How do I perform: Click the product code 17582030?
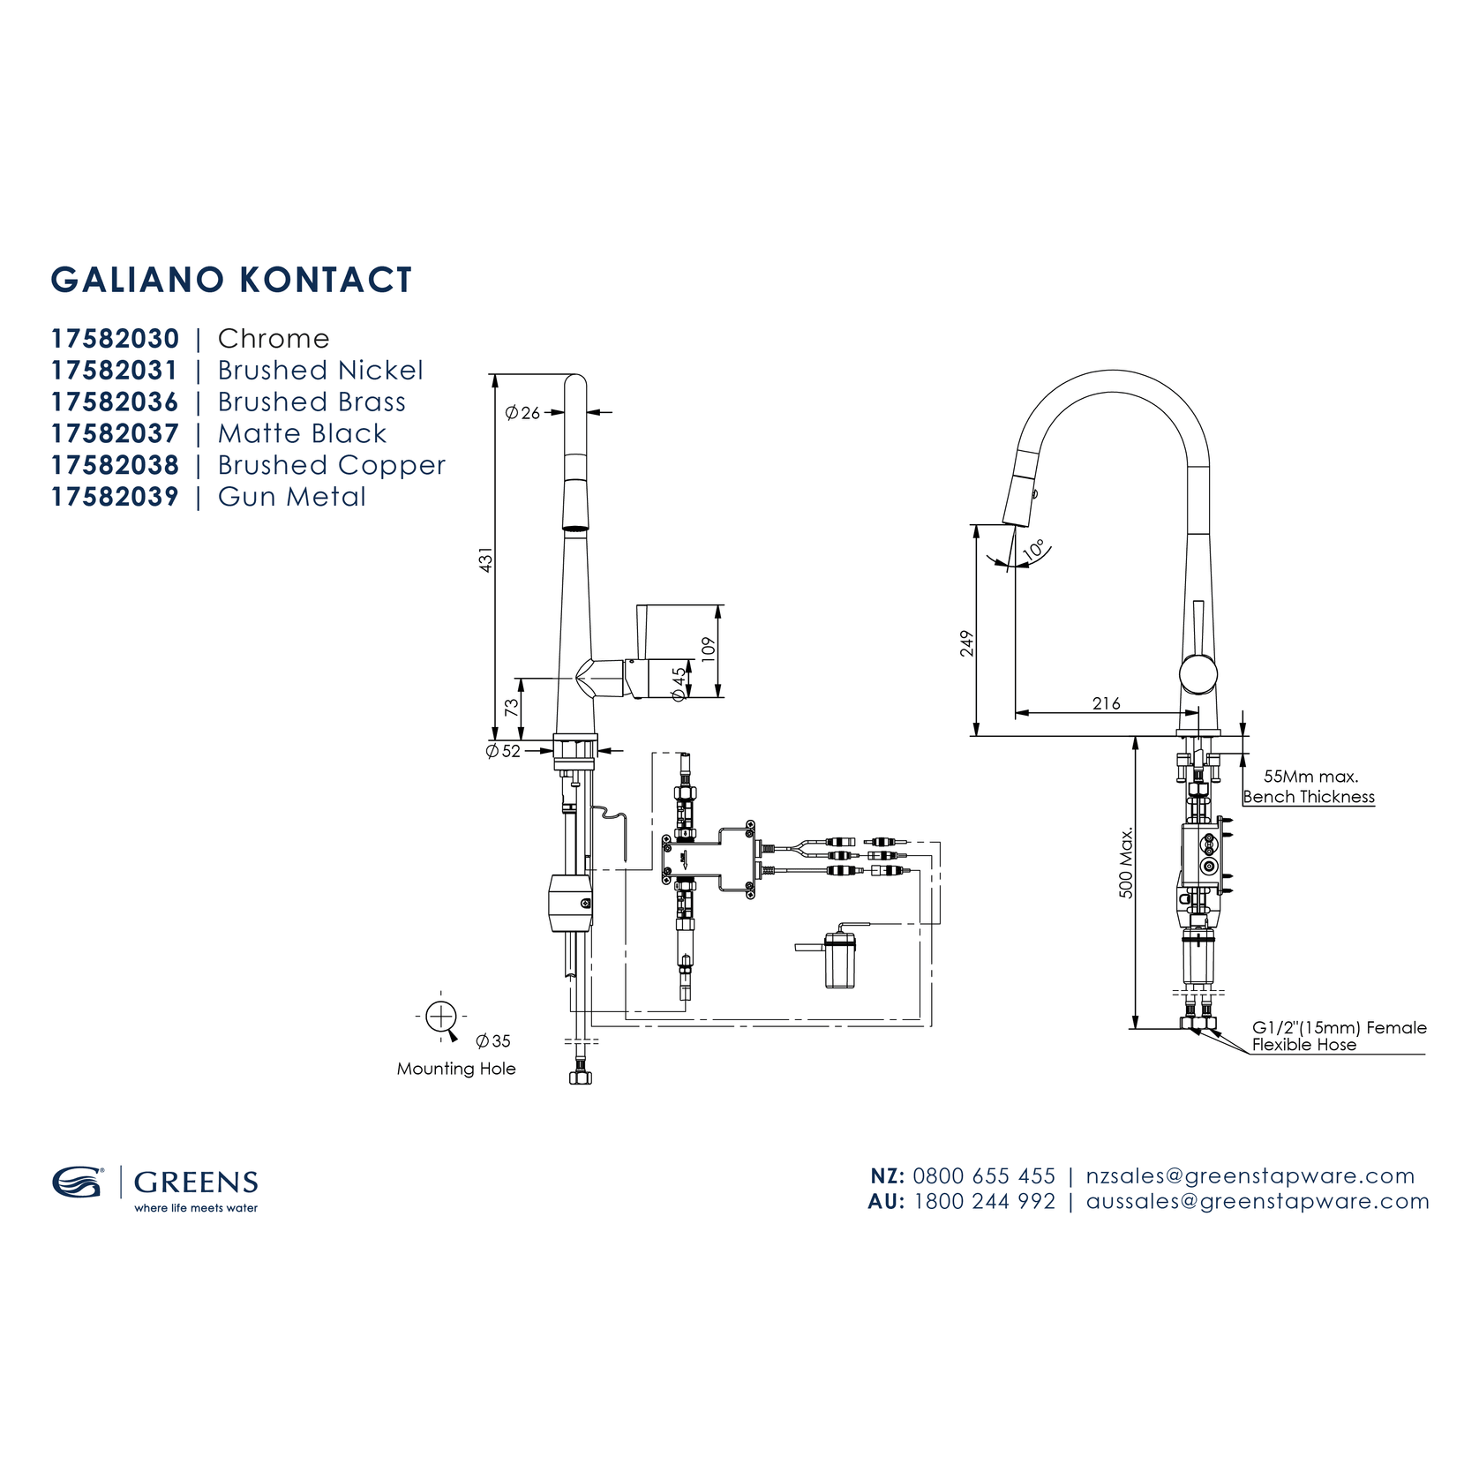click(x=115, y=339)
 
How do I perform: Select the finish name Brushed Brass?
click(x=312, y=402)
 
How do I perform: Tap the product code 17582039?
click(x=115, y=497)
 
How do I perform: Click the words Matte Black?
click(x=302, y=434)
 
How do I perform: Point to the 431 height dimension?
click(x=485, y=559)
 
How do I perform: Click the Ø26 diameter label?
click(x=522, y=413)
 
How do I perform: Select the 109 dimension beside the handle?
click(x=708, y=649)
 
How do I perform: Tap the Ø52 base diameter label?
click(x=503, y=752)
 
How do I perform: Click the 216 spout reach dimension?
click(x=1106, y=703)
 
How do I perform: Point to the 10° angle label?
click(x=1035, y=550)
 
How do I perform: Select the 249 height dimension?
click(x=967, y=643)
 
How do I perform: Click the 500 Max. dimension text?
click(x=1126, y=863)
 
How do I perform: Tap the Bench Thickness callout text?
click(x=1309, y=797)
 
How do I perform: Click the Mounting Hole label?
click(x=456, y=1069)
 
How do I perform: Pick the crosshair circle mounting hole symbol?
click(x=440, y=1017)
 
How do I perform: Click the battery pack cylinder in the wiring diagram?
click(x=839, y=961)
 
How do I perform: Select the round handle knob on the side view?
click(x=1198, y=674)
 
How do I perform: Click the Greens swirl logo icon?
click(x=78, y=1182)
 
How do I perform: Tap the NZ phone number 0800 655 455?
click(x=984, y=1176)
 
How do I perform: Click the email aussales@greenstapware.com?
click(x=1258, y=1202)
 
